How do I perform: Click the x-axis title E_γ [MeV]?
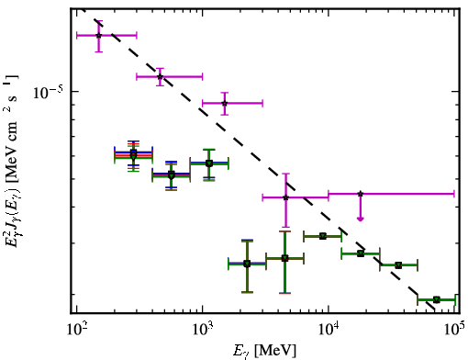point(264,351)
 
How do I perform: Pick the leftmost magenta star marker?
point(98,36)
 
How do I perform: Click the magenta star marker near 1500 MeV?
point(225,103)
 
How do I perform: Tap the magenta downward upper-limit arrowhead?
point(361,219)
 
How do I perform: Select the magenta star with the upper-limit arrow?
point(361,194)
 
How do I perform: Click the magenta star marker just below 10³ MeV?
point(160,76)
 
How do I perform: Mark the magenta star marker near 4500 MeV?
point(285,197)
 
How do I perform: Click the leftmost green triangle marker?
point(133,155)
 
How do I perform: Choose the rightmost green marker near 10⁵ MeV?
point(437,299)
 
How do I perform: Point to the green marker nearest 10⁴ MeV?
point(323,236)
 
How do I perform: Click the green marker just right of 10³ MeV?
point(209,163)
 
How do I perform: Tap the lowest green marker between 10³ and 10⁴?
point(247,264)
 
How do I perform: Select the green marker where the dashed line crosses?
point(361,253)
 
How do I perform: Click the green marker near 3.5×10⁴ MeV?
point(398,265)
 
